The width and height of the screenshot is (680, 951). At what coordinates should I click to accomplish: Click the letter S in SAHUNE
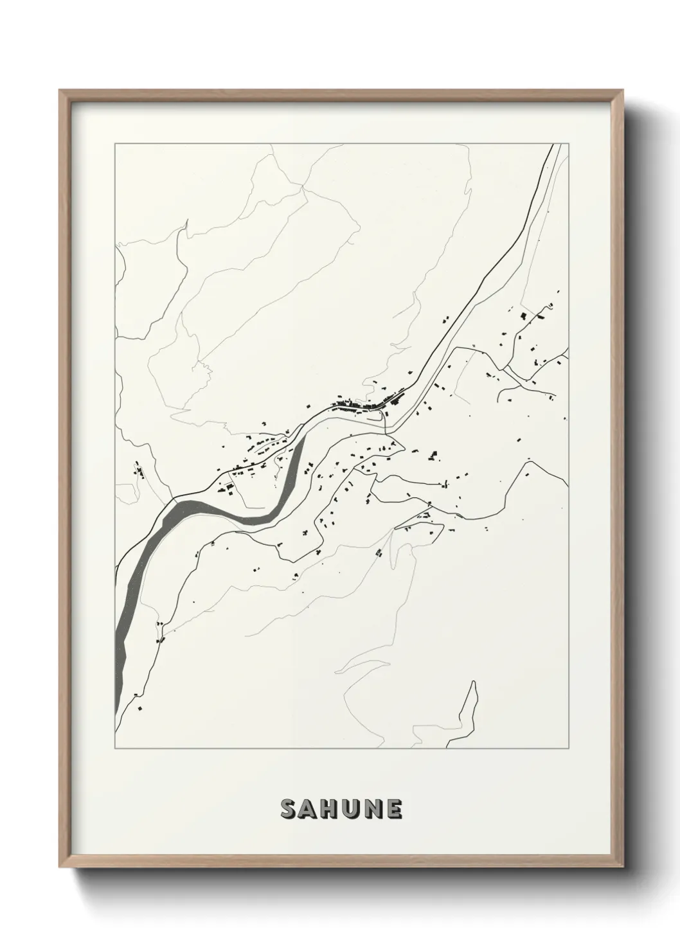point(289,810)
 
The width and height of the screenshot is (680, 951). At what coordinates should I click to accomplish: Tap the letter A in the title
point(310,810)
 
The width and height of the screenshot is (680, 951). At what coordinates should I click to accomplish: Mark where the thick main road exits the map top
point(553,145)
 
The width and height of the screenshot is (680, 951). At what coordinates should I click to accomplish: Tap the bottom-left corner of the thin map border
point(114,749)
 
